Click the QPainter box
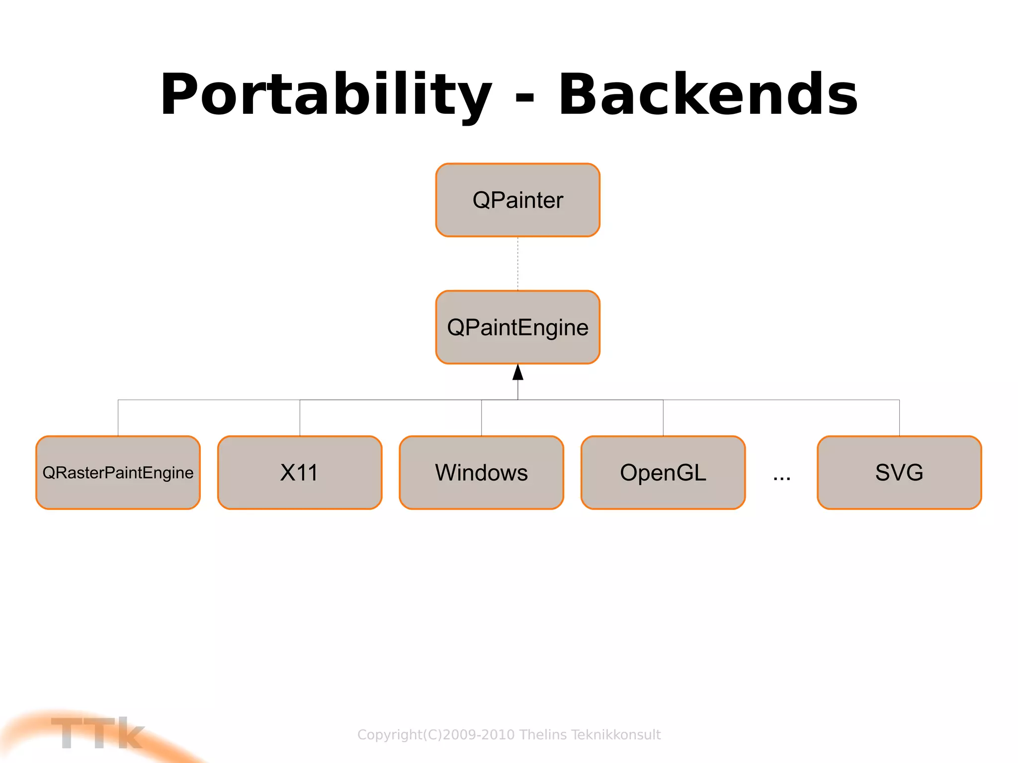517,200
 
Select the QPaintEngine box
517,327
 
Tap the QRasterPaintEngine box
118,472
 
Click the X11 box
299,472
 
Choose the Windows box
481,472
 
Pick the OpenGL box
663,472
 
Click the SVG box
899,472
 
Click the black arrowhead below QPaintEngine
518,373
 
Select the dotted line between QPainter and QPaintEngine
518,263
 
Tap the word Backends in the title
708,94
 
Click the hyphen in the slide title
525,96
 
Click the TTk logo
97,733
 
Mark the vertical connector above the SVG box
899,418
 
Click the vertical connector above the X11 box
300,418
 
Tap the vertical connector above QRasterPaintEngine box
118,418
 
